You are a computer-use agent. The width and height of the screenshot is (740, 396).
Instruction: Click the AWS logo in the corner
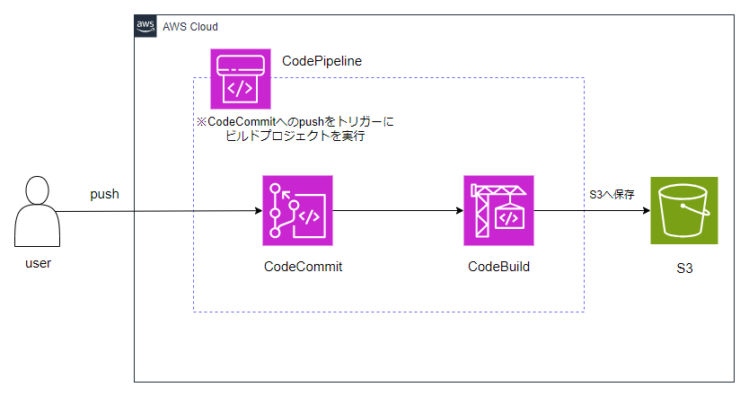(x=145, y=26)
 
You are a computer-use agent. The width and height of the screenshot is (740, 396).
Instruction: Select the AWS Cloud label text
(x=190, y=27)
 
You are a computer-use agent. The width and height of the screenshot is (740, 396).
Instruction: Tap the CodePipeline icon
(x=240, y=79)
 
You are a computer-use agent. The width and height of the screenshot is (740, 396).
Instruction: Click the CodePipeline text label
(x=322, y=61)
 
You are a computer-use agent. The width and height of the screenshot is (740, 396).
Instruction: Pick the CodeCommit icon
(x=297, y=210)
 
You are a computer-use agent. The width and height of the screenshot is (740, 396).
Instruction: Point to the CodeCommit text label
(x=303, y=267)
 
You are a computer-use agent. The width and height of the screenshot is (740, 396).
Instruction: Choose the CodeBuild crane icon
(x=498, y=210)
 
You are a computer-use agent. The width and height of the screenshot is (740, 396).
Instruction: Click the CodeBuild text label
(x=498, y=267)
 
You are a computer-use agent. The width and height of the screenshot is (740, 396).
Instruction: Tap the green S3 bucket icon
(x=683, y=210)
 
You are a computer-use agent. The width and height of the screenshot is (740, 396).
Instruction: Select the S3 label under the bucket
(x=684, y=268)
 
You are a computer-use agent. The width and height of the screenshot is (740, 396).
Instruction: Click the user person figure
(x=38, y=211)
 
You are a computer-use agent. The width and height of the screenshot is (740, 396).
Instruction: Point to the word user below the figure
(x=39, y=263)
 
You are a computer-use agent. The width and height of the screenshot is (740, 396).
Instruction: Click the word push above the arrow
(x=104, y=194)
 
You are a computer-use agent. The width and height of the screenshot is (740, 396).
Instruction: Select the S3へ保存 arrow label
(x=612, y=195)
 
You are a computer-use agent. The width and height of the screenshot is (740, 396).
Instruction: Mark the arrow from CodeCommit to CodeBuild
(x=398, y=210)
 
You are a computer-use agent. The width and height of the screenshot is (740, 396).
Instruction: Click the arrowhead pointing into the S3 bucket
(x=647, y=210)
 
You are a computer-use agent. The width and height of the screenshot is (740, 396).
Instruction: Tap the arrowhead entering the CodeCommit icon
(x=259, y=210)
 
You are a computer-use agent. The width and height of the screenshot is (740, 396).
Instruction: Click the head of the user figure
(x=38, y=190)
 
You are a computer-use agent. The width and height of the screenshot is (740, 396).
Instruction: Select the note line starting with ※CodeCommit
(x=295, y=122)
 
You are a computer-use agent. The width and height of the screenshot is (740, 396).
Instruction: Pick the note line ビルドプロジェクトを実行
(x=295, y=136)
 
